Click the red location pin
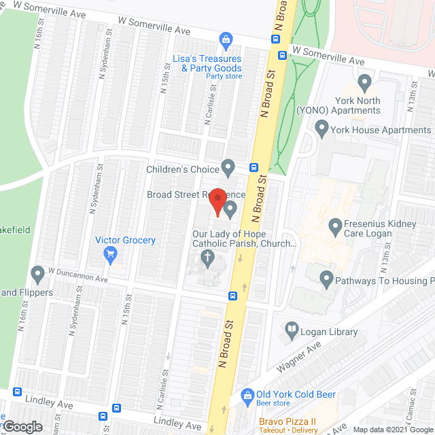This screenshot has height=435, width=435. point(216,201)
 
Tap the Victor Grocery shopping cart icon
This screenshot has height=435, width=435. point(110,255)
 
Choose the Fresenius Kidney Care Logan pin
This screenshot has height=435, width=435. point(334,225)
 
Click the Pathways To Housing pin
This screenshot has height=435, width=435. point(327,279)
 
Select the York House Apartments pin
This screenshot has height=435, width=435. point(322,127)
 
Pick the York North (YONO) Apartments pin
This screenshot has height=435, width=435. point(364,84)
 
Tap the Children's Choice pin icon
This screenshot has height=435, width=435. point(229,167)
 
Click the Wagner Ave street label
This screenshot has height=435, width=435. point(298,357)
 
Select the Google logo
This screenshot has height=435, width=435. point(22,426)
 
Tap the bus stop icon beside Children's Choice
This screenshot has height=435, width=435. point(254,167)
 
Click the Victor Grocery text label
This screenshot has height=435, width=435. point(125,240)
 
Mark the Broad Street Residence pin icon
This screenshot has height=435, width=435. point(230,209)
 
